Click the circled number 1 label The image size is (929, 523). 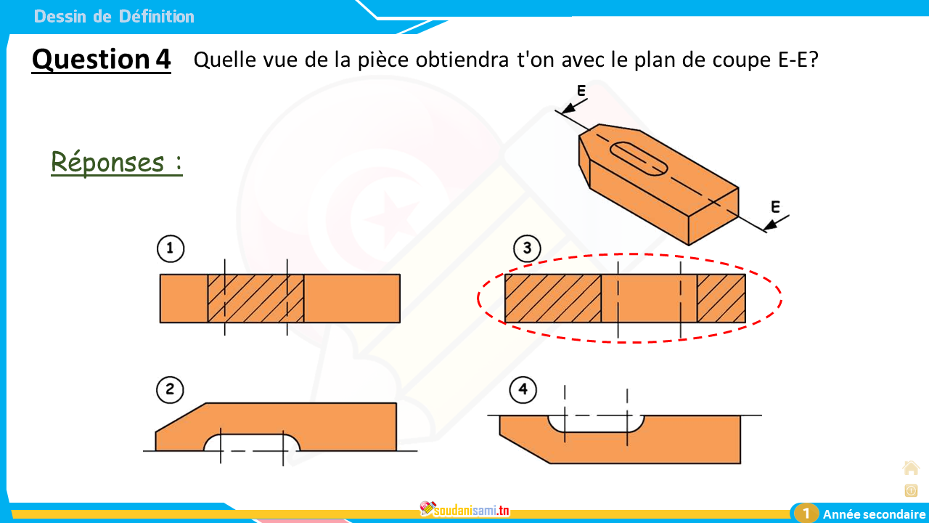(x=171, y=248)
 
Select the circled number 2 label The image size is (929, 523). (x=170, y=390)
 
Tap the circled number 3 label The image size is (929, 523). (x=527, y=248)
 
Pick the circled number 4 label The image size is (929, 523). (x=523, y=389)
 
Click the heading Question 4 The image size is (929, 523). (x=101, y=60)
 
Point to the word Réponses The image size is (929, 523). (x=108, y=162)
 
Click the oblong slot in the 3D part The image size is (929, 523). (x=639, y=158)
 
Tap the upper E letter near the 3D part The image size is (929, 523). (x=581, y=91)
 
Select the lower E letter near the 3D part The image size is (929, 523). (x=775, y=207)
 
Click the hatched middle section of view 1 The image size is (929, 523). (x=255, y=299)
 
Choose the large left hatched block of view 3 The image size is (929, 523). (x=553, y=299)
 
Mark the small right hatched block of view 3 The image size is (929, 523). (x=721, y=299)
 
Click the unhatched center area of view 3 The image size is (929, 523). (x=649, y=299)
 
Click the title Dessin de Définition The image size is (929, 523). (x=114, y=17)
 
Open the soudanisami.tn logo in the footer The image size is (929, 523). (x=464, y=510)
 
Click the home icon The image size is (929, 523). (x=911, y=469)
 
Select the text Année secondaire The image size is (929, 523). (x=875, y=514)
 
